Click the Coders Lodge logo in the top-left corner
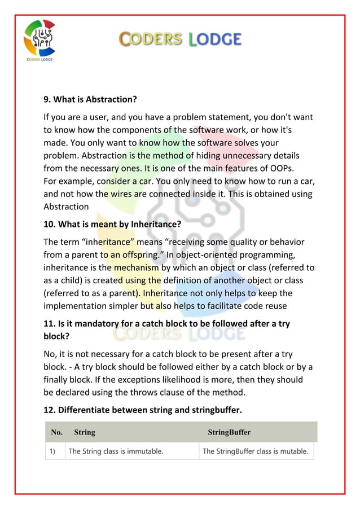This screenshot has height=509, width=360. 39,40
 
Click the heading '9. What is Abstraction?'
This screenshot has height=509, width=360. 90,100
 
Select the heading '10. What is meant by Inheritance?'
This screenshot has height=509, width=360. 112,224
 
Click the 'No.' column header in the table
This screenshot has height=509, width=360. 57,433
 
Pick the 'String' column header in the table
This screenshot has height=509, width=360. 85,433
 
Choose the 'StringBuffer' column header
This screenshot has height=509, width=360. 229,433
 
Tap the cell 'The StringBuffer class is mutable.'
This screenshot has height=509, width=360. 255,451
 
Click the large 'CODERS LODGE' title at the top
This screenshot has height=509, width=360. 180,39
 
